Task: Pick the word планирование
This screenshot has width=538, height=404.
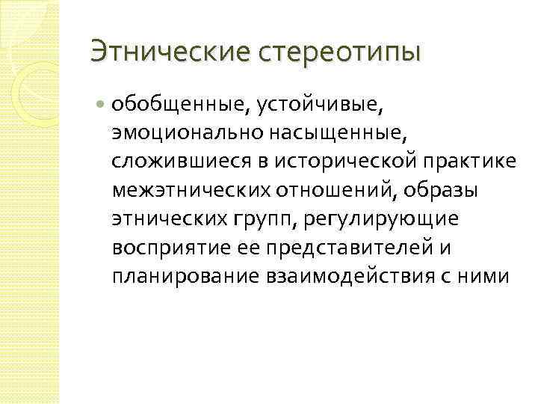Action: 184,275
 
